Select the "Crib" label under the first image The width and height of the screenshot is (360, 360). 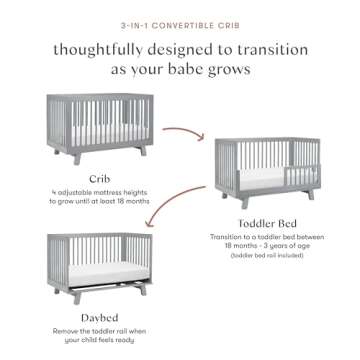(x=98, y=179)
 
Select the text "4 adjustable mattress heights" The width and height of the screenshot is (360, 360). (x=98, y=193)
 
